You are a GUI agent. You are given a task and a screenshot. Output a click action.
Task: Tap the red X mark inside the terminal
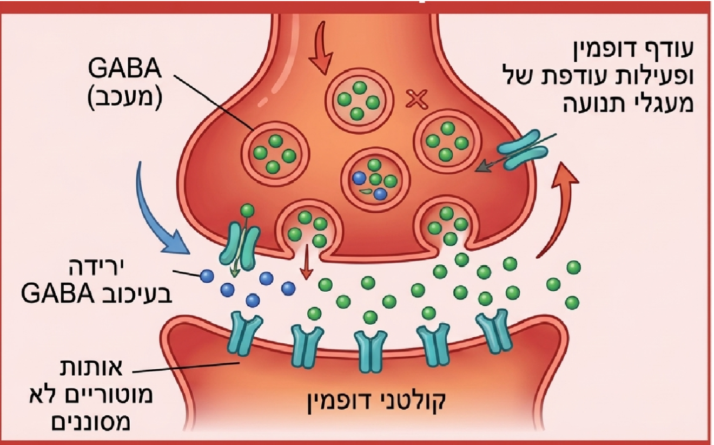pyautogui.click(x=415, y=99)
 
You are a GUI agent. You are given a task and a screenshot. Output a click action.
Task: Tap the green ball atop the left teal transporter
pyautogui.click(x=248, y=210)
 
